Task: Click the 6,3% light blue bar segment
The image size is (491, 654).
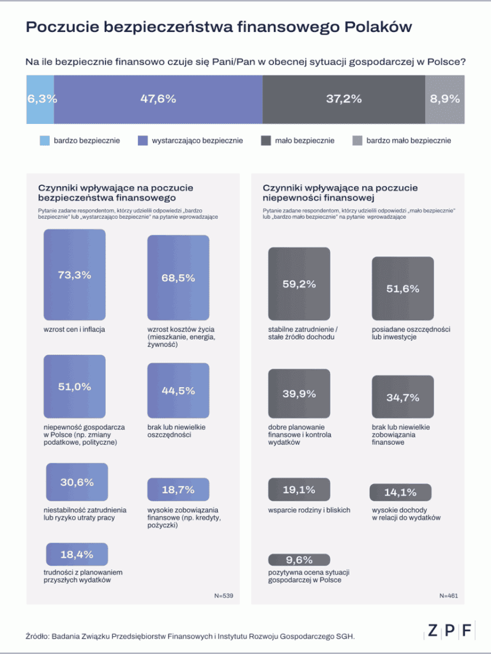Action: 40,99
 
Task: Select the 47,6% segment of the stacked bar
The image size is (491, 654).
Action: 158,99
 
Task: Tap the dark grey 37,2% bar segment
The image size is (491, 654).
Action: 344,99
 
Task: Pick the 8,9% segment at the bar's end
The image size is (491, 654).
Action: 445,99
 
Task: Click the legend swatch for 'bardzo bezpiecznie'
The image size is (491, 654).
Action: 45,141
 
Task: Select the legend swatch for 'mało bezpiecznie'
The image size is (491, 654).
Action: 266,141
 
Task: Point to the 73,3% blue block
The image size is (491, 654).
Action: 74,275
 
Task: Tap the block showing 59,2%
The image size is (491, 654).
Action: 299,284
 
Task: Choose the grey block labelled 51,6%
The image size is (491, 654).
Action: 402,287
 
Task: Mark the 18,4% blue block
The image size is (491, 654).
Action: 77,554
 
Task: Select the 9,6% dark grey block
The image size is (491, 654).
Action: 299,559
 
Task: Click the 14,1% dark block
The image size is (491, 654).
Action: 400,492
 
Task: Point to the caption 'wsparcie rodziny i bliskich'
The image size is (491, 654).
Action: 309,510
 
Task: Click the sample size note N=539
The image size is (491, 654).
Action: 223,595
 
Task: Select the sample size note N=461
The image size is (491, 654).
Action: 448,595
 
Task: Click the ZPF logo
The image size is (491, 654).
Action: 450,630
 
